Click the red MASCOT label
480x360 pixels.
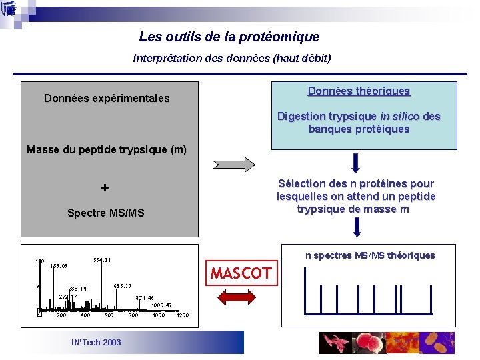pyautogui.click(x=241, y=273)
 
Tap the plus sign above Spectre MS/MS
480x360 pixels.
pyautogui.click(x=105, y=188)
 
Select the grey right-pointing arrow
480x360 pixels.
pyautogui.click(x=233, y=164)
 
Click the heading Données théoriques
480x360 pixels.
pyautogui.click(x=359, y=91)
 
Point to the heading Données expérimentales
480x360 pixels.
pyautogui.click(x=107, y=99)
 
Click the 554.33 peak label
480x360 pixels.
pyautogui.click(x=102, y=260)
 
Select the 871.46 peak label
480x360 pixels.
pyautogui.click(x=145, y=298)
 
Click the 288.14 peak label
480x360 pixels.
pyautogui.click(x=77, y=289)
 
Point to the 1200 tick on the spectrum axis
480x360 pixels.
pyautogui.click(x=182, y=315)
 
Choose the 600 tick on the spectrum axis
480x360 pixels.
pyautogui.click(x=109, y=315)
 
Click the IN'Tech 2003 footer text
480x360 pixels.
pyautogui.click(x=96, y=342)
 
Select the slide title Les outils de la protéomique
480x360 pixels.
pyautogui.click(x=229, y=37)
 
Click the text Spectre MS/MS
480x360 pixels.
pyautogui.click(x=105, y=213)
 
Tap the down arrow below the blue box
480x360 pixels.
pyautogui.click(x=356, y=163)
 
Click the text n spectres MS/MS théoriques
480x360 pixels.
pyautogui.click(x=370, y=255)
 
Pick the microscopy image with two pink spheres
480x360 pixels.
pyautogui.click(x=369, y=343)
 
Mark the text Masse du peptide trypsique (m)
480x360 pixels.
pyautogui.click(x=107, y=150)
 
